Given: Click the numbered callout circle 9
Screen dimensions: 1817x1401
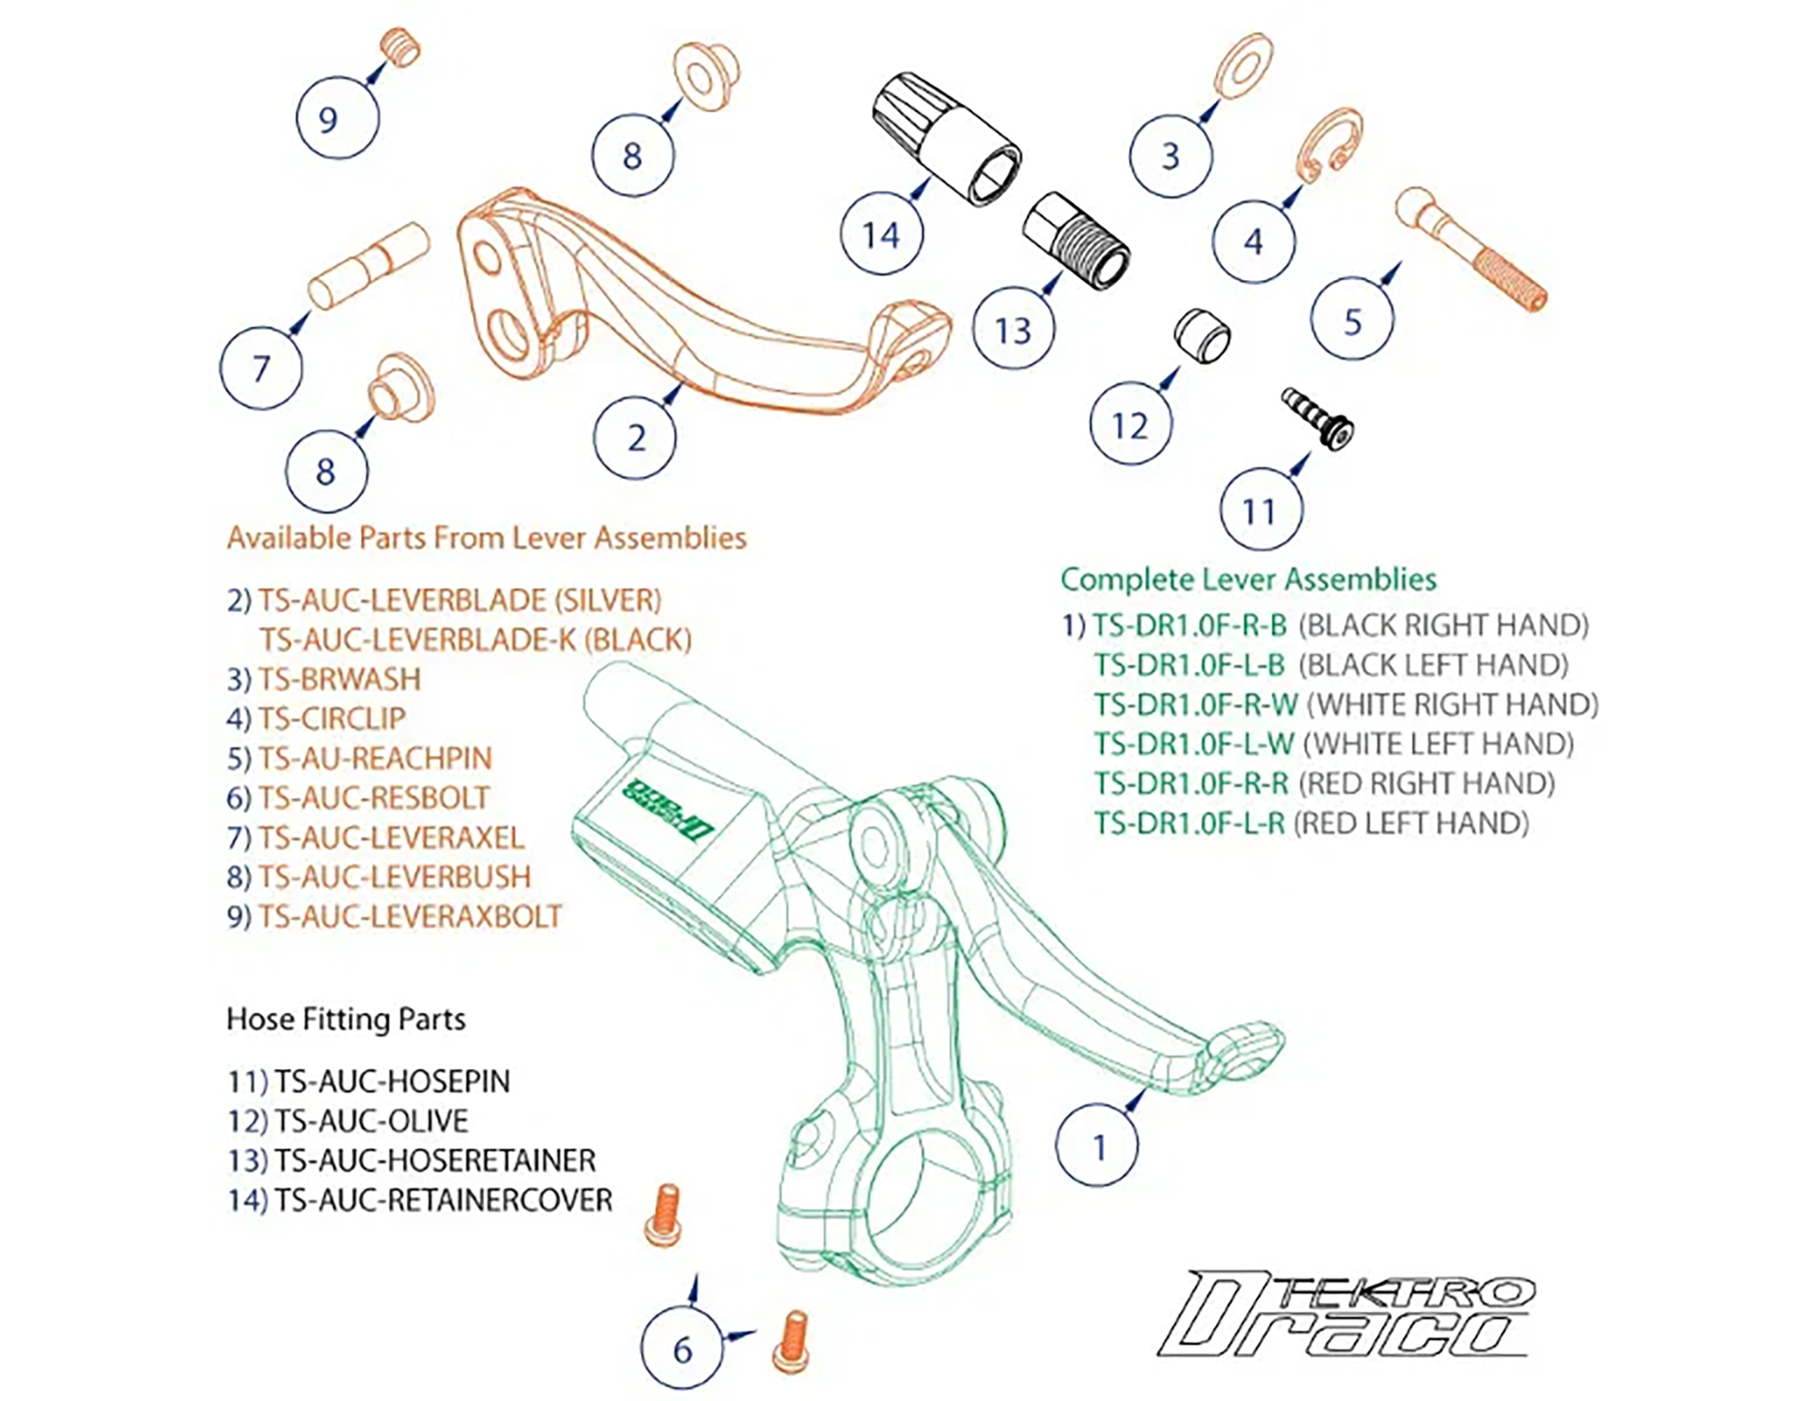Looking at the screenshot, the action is [x=338, y=118].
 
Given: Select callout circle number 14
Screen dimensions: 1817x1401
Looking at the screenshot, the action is [x=882, y=234].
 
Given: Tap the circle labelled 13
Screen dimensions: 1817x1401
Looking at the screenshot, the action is [x=1014, y=329].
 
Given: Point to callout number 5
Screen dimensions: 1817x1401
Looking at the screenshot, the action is [x=1352, y=320].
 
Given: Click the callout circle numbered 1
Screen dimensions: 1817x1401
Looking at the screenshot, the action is [x=1097, y=1146].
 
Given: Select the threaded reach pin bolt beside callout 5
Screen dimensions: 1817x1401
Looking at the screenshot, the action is [x=1471, y=249].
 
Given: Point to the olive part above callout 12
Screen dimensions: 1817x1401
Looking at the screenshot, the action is [x=1202, y=335].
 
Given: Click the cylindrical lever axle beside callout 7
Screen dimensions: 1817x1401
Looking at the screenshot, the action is [x=369, y=266].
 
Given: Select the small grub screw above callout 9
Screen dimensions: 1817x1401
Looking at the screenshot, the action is [x=401, y=46].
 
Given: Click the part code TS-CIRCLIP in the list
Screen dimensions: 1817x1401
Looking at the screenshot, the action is [x=332, y=719].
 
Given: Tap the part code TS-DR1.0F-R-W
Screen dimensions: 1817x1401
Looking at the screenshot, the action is [x=1196, y=705].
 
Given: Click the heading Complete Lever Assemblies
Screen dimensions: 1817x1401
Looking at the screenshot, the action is [x=1248, y=579].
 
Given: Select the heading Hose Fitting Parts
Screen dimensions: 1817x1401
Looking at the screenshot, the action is [x=346, y=1019].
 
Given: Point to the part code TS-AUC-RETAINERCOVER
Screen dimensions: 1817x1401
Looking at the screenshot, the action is [x=444, y=1200].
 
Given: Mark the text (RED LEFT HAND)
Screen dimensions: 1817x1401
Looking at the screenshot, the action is [x=1411, y=823].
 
